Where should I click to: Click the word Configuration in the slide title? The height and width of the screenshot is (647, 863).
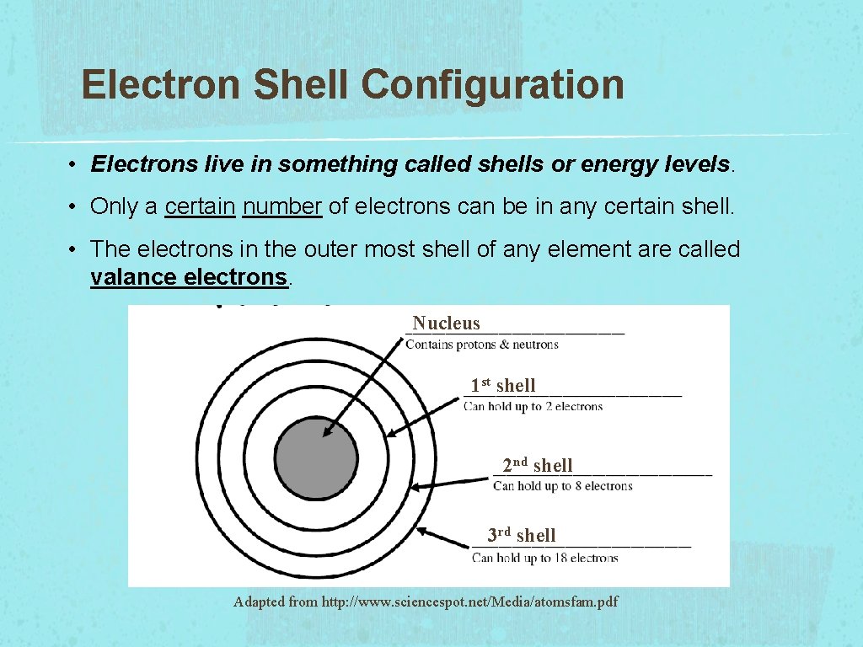point(493,85)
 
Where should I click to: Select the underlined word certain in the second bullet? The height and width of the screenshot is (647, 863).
point(200,206)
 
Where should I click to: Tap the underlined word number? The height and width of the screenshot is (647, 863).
point(282,206)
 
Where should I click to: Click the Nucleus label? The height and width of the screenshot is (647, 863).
point(446,323)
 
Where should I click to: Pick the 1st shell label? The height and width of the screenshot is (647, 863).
point(503,385)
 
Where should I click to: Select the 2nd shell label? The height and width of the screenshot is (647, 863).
point(538,464)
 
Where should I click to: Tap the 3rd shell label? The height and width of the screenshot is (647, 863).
point(522,535)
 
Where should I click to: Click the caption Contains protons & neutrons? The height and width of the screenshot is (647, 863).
point(482,345)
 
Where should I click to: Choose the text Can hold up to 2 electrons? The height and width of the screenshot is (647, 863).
point(533,406)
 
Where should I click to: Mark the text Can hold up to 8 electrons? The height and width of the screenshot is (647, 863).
point(562,485)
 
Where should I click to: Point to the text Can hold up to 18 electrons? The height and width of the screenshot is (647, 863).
point(545,558)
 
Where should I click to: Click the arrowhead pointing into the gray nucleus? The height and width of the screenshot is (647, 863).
point(328,432)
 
